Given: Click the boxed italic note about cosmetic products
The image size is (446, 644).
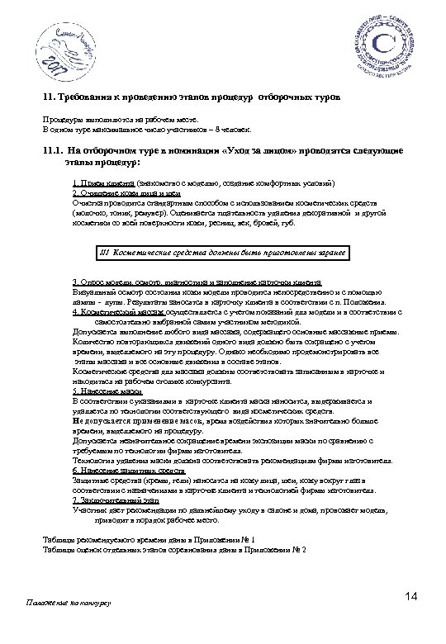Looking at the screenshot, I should [x=221, y=252].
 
